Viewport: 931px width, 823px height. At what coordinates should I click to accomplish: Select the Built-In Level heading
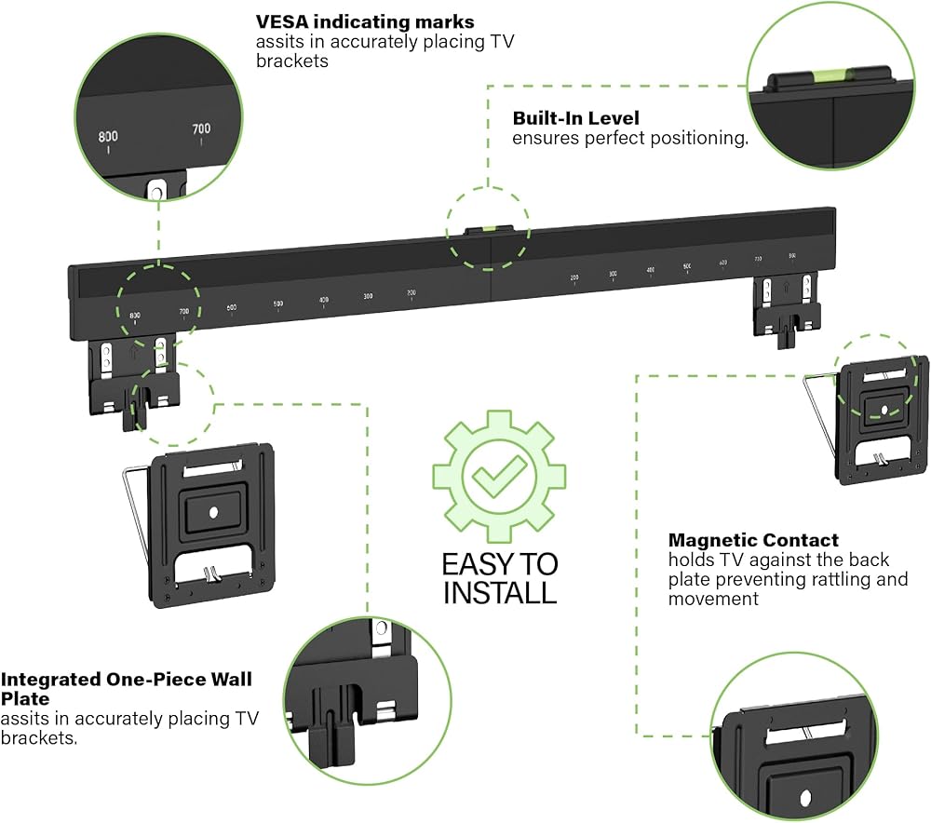[x=576, y=118]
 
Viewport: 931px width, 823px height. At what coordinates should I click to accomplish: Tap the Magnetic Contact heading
[x=753, y=540]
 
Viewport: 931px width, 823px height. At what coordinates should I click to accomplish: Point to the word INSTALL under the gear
[x=499, y=592]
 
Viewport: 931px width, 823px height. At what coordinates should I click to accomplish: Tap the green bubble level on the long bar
[x=489, y=227]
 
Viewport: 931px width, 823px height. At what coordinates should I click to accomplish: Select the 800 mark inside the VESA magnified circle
[x=109, y=137]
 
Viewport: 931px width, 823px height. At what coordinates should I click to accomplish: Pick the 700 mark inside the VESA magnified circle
[x=201, y=129]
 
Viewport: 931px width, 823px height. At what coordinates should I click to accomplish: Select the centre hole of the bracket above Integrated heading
[x=213, y=511]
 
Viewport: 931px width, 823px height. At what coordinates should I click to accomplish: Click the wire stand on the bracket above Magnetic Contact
[x=819, y=410]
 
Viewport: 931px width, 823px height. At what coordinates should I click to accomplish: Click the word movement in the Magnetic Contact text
[x=713, y=599]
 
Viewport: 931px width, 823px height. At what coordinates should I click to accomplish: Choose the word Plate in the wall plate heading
[x=26, y=698]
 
